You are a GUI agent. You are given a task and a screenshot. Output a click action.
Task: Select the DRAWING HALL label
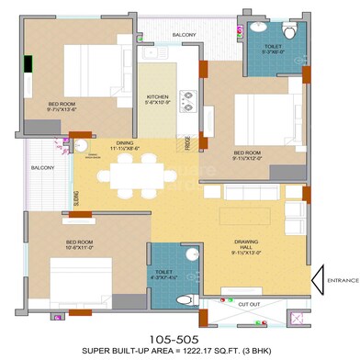[249, 242]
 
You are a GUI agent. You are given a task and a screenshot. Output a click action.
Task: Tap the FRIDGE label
[186, 142]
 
